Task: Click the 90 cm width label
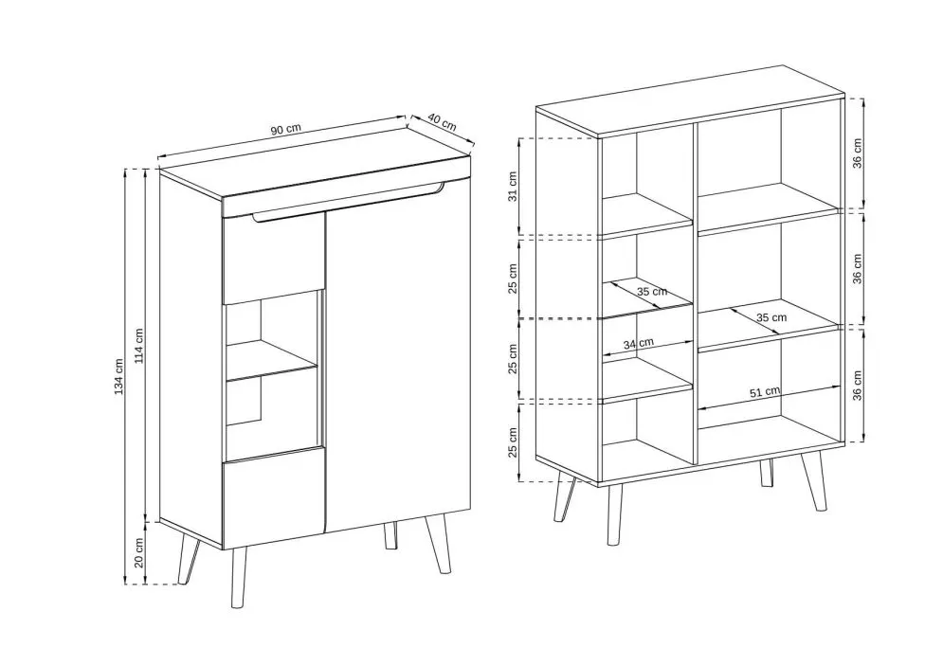click(285, 130)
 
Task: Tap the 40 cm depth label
click(442, 122)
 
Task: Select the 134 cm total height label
click(119, 377)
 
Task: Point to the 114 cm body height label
click(139, 346)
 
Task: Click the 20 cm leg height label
click(139, 553)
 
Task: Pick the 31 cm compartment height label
click(513, 187)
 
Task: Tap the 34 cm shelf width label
click(638, 344)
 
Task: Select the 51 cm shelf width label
click(765, 392)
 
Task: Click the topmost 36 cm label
click(858, 153)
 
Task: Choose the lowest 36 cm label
click(858, 386)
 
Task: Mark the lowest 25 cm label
click(513, 442)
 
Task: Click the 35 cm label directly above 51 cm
click(771, 316)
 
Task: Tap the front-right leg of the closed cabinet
click(440, 544)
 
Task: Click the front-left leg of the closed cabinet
click(239, 577)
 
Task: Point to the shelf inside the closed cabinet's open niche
click(272, 361)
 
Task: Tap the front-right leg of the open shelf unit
click(813, 481)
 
